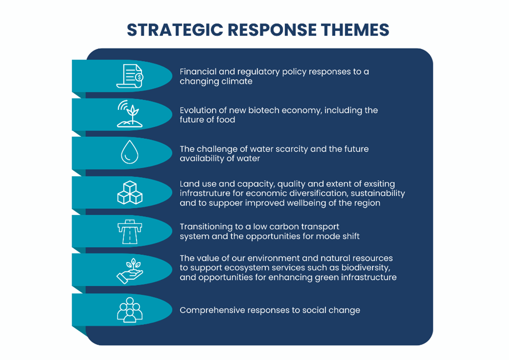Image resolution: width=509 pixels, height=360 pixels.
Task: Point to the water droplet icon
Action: [129, 152]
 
